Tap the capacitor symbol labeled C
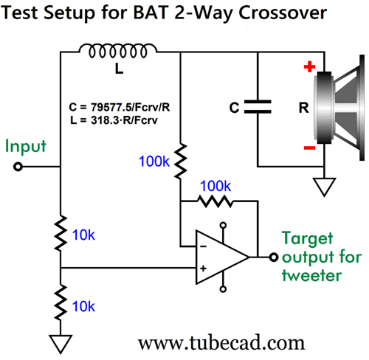(x=258, y=107)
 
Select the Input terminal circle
(x=18, y=167)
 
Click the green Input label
(x=26, y=146)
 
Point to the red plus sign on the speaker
(x=309, y=66)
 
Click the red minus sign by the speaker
(x=309, y=148)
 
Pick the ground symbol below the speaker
(x=324, y=187)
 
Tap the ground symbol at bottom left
(x=61, y=344)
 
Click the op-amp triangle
(x=222, y=257)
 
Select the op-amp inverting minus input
(x=203, y=246)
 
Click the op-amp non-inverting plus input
(x=203, y=269)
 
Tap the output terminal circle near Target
(x=274, y=257)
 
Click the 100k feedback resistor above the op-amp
(x=215, y=201)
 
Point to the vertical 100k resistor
(x=181, y=161)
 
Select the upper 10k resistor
(x=61, y=233)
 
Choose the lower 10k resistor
(x=61, y=302)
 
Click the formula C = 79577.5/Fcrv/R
(x=120, y=107)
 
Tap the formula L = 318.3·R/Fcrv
(x=114, y=120)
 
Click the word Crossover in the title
(x=283, y=13)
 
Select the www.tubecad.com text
(x=221, y=343)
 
